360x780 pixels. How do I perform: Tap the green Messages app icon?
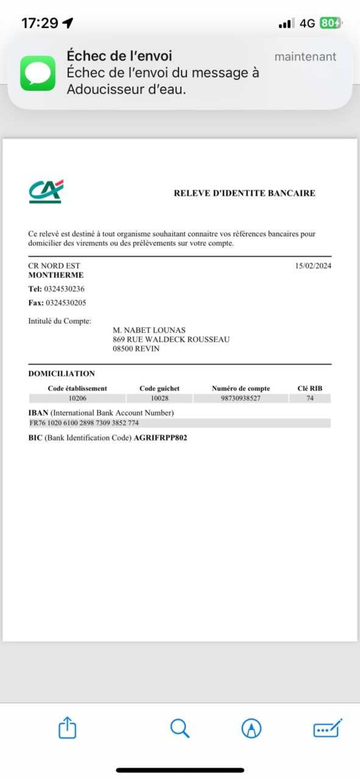click(38, 73)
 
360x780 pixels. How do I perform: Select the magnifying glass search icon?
click(180, 728)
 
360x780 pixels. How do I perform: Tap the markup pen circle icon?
click(251, 728)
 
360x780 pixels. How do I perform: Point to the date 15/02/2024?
click(313, 266)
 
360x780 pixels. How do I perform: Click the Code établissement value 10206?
click(78, 398)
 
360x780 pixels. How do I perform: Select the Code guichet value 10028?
click(159, 398)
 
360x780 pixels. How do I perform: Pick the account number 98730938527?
click(241, 398)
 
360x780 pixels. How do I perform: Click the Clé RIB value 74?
click(310, 398)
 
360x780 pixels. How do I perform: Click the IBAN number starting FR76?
click(84, 423)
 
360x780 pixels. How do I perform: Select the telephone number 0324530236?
click(64, 289)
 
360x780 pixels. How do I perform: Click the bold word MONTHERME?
click(56, 275)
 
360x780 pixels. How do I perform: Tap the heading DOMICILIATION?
click(61, 373)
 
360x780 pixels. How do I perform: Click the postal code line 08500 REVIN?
click(136, 349)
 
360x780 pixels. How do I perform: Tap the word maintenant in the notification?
click(305, 57)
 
